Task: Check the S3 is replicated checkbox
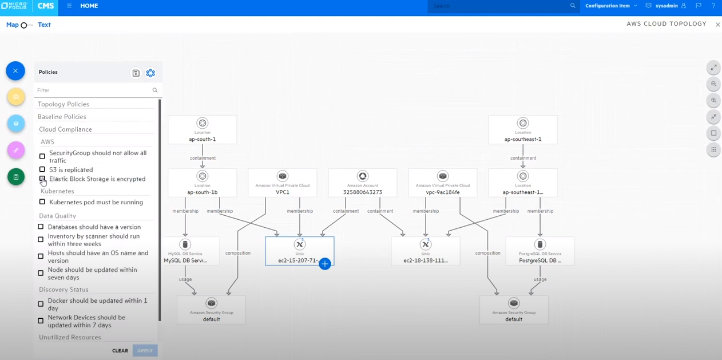click(x=42, y=169)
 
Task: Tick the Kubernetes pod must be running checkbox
click(x=42, y=202)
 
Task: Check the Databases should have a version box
click(x=41, y=227)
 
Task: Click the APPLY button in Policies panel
click(x=145, y=350)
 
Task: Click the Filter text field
click(x=92, y=90)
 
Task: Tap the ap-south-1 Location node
click(x=202, y=130)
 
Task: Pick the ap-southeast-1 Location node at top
click(x=522, y=130)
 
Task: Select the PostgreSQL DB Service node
click(x=539, y=251)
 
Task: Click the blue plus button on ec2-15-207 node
click(x=324, y=264)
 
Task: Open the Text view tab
click(x=44, y=25)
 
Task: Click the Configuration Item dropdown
click(x=610, y=6)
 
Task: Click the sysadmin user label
click(x=666, y=6)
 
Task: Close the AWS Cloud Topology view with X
click(x=717, y=25)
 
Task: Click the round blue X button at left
click(x=15, y=71)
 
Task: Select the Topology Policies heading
click(x=64, y=104)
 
